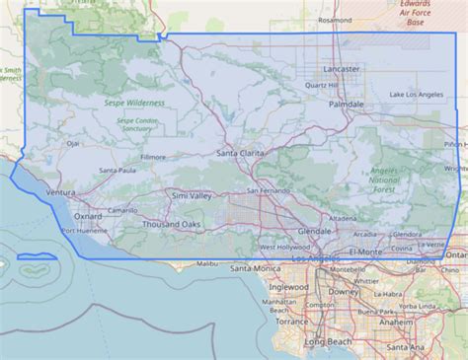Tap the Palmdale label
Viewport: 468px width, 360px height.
tap(347, 103)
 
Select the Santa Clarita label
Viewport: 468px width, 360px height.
tap(241, 153)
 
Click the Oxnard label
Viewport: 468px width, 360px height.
tap(88, 215)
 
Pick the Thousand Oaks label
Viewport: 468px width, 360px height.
tap(169, 224)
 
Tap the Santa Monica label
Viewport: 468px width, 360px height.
tap(255, 267)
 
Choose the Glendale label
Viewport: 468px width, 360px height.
tap(315, 230)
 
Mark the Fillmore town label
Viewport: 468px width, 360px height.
tap(153, 157)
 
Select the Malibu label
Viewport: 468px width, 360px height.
tap(206, 263)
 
